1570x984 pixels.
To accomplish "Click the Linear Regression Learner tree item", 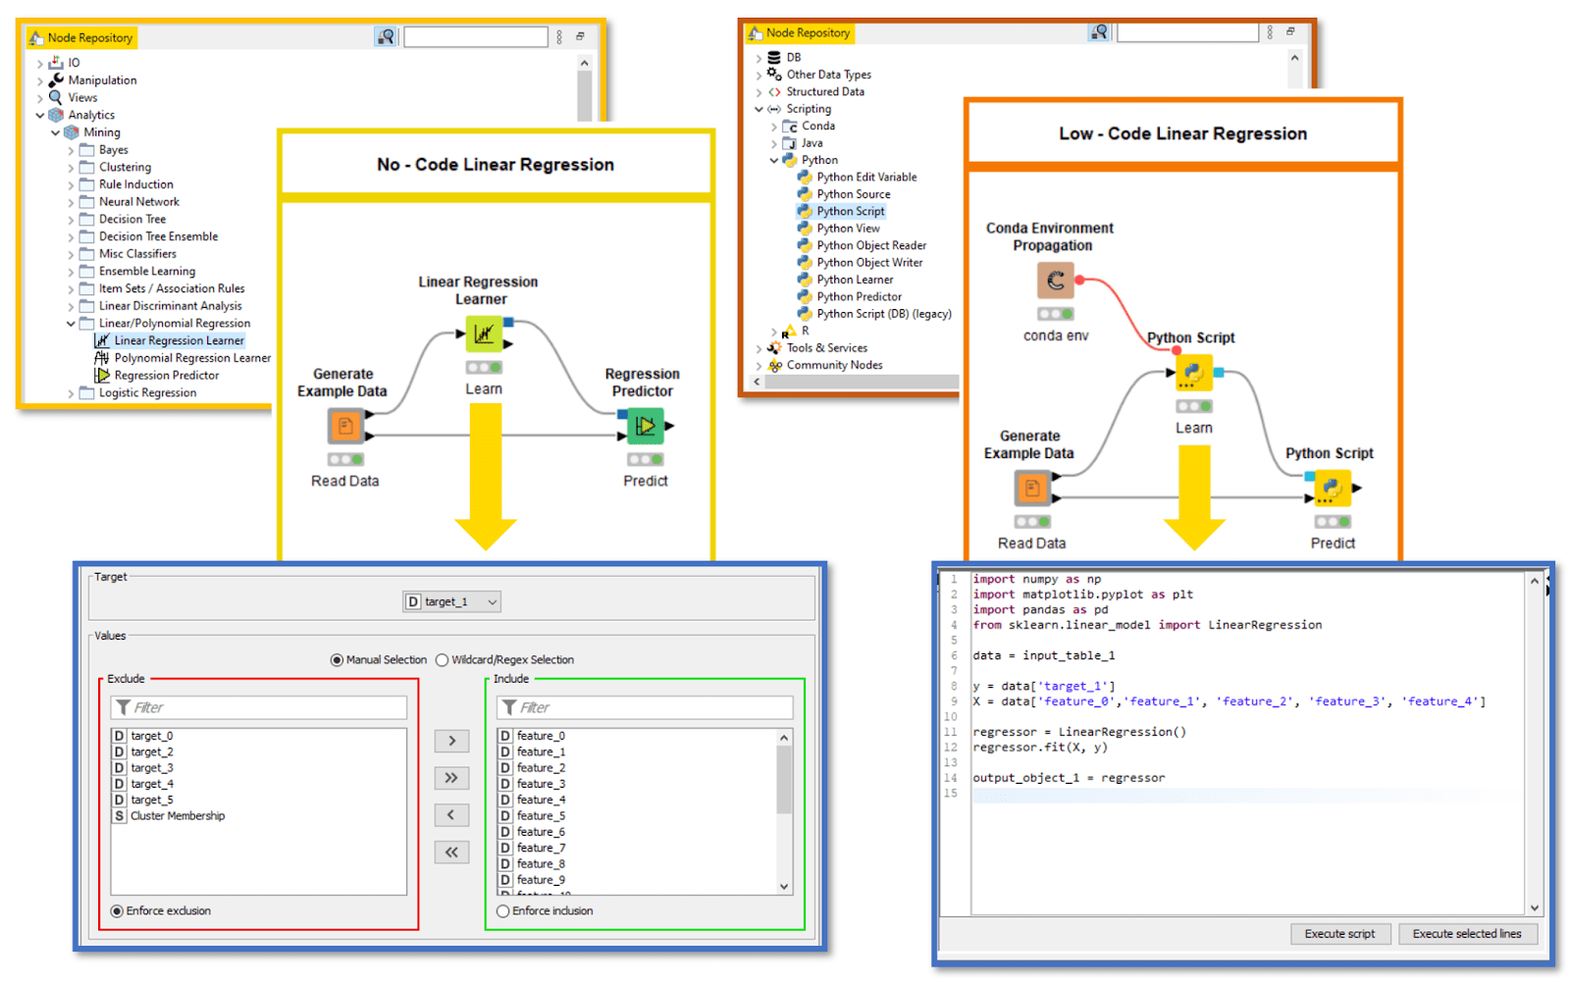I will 179,340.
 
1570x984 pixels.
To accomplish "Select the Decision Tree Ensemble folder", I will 158,236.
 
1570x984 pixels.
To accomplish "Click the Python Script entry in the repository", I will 850,211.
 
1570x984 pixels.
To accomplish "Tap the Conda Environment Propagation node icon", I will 1056,281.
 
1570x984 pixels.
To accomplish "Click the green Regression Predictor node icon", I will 645,426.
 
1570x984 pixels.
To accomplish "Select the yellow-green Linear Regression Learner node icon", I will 484,335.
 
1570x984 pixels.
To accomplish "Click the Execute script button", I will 1339,934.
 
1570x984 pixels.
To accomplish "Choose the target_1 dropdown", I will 451,601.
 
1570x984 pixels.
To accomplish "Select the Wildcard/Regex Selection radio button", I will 443,660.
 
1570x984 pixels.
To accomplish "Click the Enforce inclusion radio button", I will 503,911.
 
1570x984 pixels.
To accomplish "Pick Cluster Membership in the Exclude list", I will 177,816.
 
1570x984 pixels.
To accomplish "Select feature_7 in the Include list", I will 541,848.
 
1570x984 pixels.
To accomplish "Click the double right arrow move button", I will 451,778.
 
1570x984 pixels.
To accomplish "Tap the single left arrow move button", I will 451,815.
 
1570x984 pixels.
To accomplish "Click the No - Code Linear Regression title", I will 496,165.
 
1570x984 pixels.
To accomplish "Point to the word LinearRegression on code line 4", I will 1264,625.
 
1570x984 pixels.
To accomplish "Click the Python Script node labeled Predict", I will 1332,488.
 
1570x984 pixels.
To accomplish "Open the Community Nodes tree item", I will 834,365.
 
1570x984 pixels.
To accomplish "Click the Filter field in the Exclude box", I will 260,707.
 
